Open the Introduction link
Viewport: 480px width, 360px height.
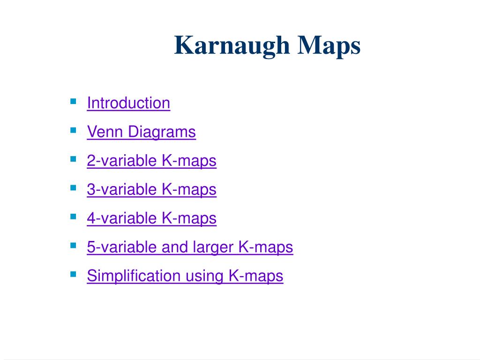pyautogui.click(x=128, y=103)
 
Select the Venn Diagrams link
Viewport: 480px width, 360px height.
pyautogui.click(x=141, y=132)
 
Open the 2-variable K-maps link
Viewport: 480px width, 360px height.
pyautogui.click(x=151, y=161)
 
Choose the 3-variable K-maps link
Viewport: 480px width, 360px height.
pyautogui.click(x=151, y=189)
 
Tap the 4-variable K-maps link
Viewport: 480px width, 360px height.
pyautogui.click(x=151, y=218)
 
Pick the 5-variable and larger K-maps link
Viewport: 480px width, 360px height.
pyautogui.click(x=190, y=247)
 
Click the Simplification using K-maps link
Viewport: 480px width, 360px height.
pyautogui.click(x=185, y=276)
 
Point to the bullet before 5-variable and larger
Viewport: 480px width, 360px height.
pyautogui.click(x=73, y=245)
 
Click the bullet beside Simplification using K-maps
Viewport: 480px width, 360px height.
pyautogui.click(x=73, y=273)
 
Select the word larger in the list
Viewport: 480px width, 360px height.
pyautogui.click(x=214, y=247)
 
